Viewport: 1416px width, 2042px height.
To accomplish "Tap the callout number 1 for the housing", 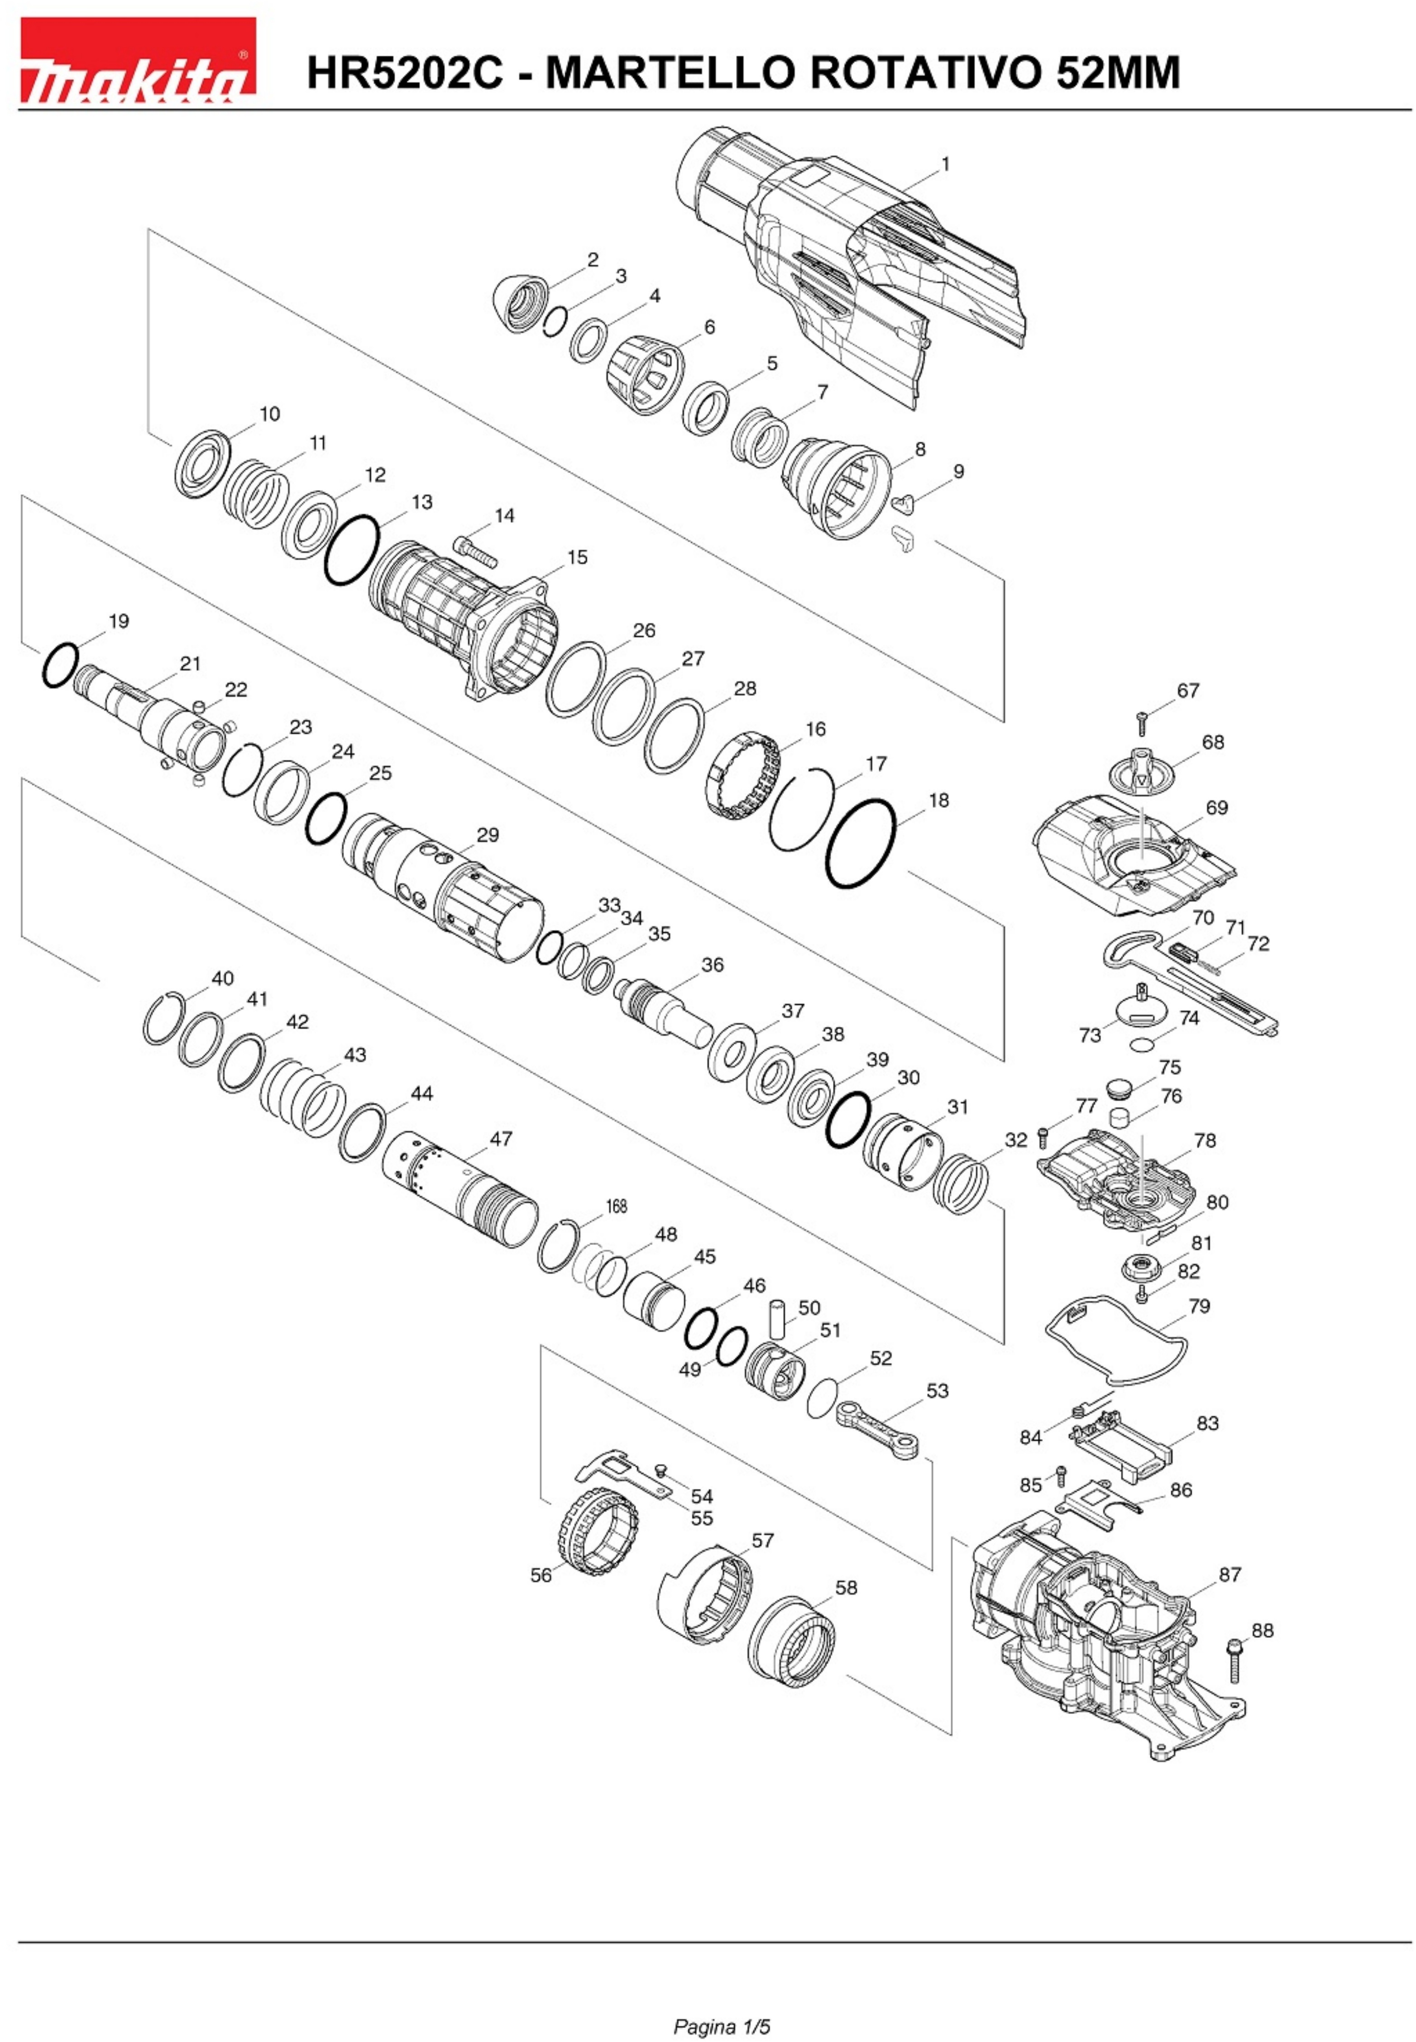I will point(946,164).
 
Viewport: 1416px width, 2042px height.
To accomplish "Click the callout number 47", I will point(501,1138).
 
